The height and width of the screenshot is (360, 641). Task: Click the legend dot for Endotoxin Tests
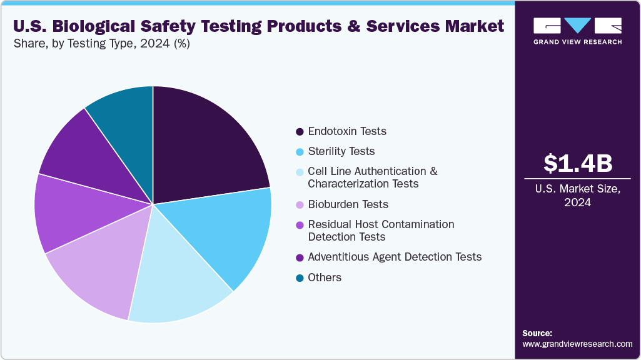point(300,132)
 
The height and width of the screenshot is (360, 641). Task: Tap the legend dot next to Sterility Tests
point(300,152)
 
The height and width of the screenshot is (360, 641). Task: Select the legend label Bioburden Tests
point(348,204)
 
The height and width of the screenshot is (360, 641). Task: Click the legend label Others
point(325,277)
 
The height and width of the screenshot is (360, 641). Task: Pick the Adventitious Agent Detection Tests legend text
point(395,257)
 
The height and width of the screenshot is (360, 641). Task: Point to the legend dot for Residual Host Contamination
point(300,224)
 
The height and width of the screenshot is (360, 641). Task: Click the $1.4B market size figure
point(577,163)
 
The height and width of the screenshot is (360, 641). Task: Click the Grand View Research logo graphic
point(577,26)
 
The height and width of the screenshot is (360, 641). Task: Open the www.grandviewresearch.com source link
point(577,344)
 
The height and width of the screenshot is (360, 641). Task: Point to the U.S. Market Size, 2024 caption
point(577,196)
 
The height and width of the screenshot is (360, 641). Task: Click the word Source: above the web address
point(537,333)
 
